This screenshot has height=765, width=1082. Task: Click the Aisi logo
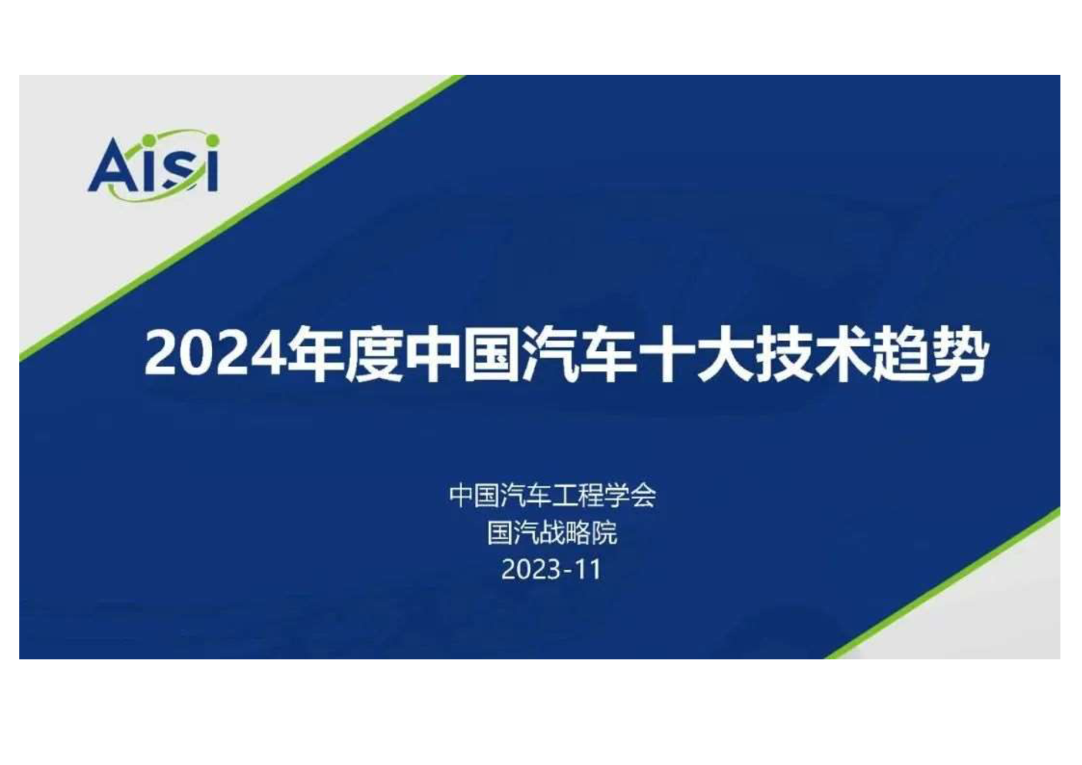[153, 165]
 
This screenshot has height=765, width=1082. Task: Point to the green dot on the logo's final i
[213, 140]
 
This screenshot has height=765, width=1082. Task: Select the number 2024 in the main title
[214, 352]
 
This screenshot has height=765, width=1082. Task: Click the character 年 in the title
[315, 353]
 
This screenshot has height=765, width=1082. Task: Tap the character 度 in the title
[374, 353]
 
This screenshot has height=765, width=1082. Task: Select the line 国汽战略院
[552, 532]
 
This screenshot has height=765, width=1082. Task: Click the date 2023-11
[551, 569]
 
